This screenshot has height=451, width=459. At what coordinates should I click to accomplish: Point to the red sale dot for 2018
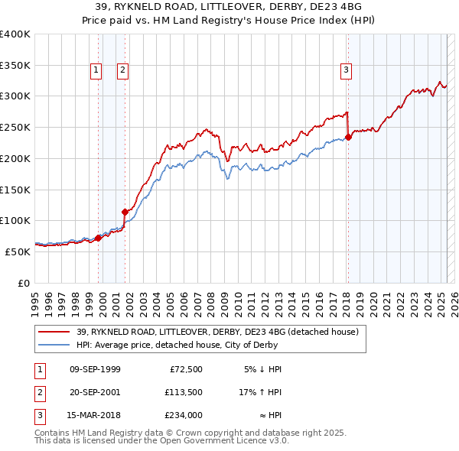(348, 138)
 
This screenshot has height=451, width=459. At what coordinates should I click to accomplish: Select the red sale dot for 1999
(98, 238)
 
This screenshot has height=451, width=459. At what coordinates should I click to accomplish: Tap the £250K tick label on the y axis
(15, 127)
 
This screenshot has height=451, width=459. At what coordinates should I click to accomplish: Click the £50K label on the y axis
(18, 251)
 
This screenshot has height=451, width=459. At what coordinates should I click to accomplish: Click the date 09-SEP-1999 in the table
(95, 369)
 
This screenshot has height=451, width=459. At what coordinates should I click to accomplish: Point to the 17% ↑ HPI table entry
(260, 392)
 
